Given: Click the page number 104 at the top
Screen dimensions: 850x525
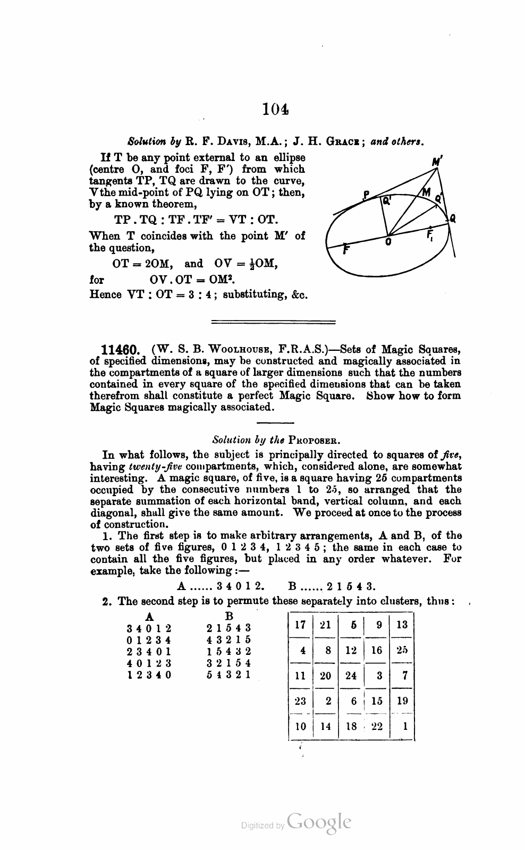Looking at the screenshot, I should (275, 110).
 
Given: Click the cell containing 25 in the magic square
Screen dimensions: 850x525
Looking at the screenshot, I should (402, 650).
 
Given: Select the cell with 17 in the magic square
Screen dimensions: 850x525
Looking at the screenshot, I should (301, 625).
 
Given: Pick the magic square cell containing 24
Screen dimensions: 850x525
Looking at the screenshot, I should (351, 676).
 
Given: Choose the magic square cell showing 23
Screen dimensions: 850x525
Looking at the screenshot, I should (301, 701).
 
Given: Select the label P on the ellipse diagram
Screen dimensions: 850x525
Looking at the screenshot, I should (366, 195).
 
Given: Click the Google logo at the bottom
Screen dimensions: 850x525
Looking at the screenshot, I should (318, 822).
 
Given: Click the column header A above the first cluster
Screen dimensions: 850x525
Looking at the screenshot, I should (150, 617).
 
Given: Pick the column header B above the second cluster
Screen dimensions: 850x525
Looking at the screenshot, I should (229, 617).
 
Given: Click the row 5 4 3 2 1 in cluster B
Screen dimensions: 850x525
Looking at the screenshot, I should (228, 675).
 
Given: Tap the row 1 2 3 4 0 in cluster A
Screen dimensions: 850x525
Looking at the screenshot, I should (149, 675).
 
